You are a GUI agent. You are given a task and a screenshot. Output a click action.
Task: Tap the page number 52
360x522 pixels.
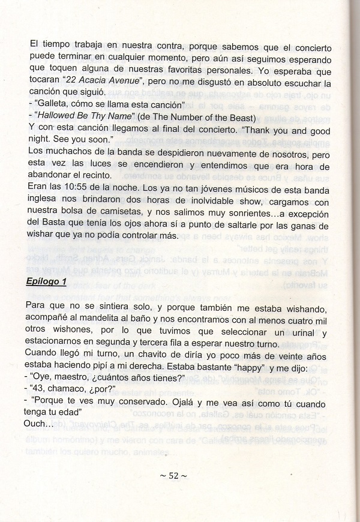(173, 475)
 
